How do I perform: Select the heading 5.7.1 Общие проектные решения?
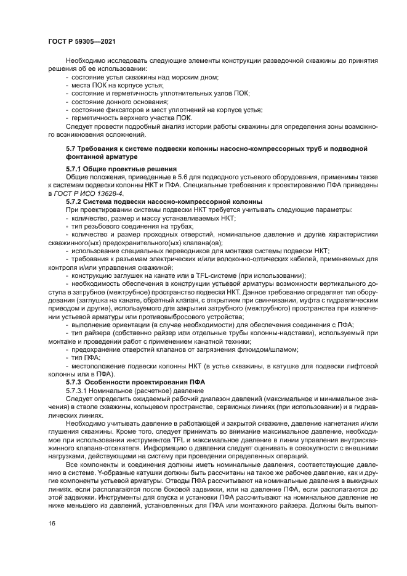pos(121,168)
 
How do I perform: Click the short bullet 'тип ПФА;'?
pos(87,357)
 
